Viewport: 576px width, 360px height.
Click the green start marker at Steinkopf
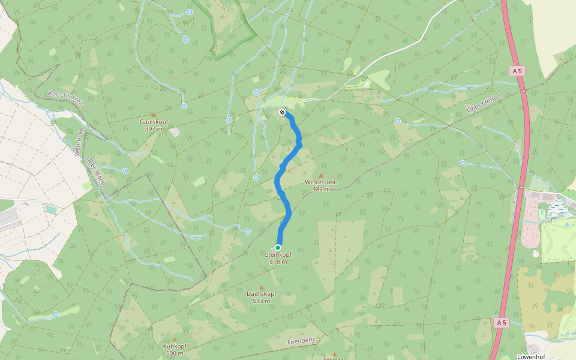pos(278,248)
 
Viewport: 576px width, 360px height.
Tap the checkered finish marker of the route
pos(282,112)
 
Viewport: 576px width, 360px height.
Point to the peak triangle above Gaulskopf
pos(154,115)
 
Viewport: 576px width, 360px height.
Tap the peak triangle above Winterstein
pos(320,175)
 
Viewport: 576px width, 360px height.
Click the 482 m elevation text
pos(321,189)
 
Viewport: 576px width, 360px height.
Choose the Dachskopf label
pos(262,293)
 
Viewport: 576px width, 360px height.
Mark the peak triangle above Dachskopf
pos(261,287)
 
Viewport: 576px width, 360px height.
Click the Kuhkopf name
pos(175,346)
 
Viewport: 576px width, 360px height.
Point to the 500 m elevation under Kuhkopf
pos(175,353)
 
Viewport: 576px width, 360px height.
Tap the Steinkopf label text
pos(278,254)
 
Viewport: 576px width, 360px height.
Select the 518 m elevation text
pos(278,262)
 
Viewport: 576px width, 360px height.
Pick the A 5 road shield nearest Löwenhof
pos(502,323)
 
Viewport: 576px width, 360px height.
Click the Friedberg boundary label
pos(301,340)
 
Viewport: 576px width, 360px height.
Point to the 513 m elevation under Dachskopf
pos(262,301)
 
